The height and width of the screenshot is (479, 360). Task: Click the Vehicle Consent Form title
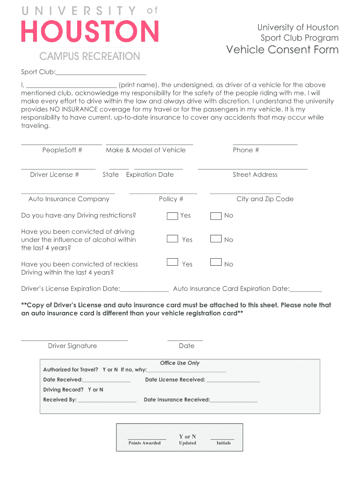[x=282, y=50]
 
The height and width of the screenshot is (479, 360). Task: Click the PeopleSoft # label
[x=62, y=150]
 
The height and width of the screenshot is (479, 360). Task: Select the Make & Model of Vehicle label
[x=145, y=150]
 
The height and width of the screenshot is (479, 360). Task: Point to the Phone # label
[x=246, y=150]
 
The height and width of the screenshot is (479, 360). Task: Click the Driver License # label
[x=54, y=174]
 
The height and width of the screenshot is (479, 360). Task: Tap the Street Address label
[x=255, y=174]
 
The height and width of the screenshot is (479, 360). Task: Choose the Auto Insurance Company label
[x=69, y=199]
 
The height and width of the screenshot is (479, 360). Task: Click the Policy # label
[x=171, y=199]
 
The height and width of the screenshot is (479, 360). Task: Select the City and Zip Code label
[x=265, y=199]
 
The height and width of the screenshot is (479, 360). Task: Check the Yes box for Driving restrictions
[x=173, y=216]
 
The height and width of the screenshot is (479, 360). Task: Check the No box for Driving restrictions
[x=216, y=216]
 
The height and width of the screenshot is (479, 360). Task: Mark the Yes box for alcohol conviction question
[x=173, y=239]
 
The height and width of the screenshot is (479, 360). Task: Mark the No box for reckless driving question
[x=216, y=262]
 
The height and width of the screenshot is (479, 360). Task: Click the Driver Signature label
[x=72, y=346]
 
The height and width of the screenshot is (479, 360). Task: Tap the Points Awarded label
[x=144, y=443]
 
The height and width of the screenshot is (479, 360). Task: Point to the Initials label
[x=223, y=443]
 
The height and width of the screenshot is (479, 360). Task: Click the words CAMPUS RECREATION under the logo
[x=90, y=57]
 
